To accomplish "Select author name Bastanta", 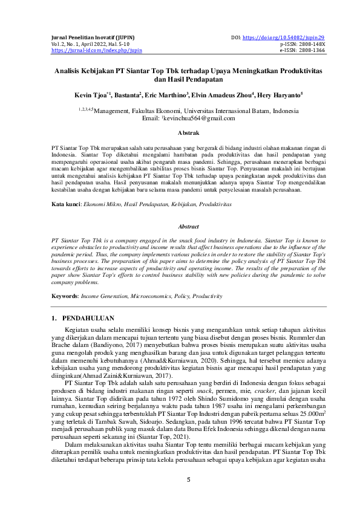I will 127,95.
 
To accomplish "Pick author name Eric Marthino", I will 166,95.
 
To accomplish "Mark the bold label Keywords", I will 64,296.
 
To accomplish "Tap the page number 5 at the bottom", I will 188,480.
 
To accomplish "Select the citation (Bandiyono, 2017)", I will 90,343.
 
